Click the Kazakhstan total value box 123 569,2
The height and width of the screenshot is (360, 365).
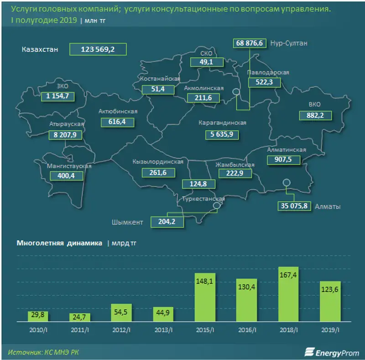pos(97,49)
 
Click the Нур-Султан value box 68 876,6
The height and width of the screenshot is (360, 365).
pos(250,43)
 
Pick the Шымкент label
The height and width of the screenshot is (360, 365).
pos(127,222)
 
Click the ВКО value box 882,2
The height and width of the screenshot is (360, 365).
pos(316,116)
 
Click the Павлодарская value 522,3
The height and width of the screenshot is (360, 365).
pos(264,82)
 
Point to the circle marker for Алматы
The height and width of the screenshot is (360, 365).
pos(286,183)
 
